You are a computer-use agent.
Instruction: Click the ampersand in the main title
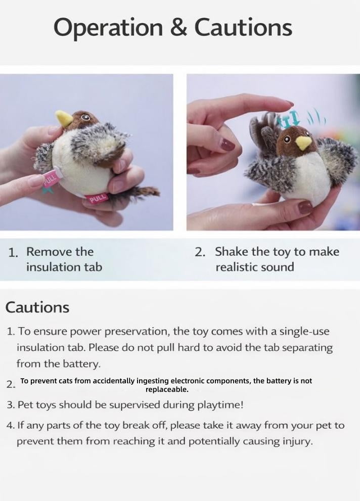pos(178,27)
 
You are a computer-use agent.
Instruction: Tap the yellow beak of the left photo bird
pos(65,118)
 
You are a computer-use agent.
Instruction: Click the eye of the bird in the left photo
pos(85,117)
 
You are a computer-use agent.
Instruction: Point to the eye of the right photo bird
pos(286,139)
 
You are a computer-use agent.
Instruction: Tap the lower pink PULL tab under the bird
pos(96,199)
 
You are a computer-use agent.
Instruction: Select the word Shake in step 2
pos(231,251)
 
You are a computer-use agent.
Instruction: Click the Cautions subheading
pos(37,307)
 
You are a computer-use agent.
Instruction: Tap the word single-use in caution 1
pos(304,331)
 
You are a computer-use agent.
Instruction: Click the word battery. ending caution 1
pos(81,363)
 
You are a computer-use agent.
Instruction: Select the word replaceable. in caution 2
pos(167,389)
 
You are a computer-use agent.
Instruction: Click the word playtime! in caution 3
pos(220,405)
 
